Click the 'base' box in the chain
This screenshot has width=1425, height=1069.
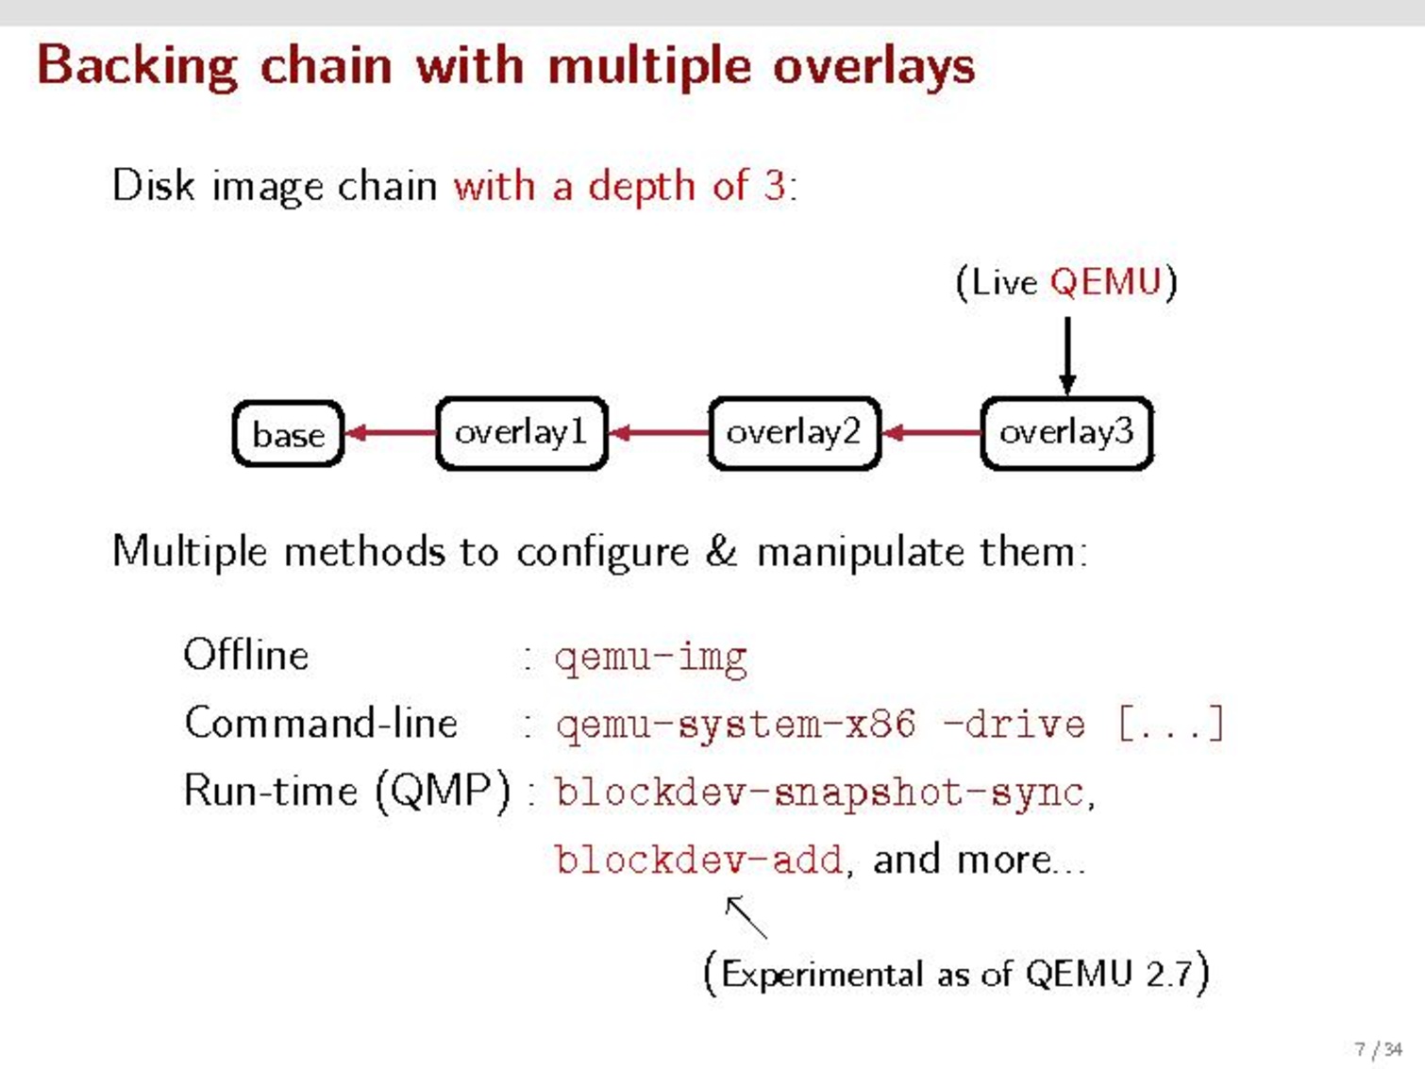click(288, 434)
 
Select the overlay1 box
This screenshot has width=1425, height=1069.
click(521, 433)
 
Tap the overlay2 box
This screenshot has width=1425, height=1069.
click(794, 433)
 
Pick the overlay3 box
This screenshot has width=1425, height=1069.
click(1066, 433)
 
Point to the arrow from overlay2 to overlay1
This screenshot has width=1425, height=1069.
click(659, 433)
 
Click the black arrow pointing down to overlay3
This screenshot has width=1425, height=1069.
click(1067, 354)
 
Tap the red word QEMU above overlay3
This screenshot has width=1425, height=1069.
click(1105, 282)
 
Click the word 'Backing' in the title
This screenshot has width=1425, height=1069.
click(137, 67)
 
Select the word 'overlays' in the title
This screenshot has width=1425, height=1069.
click(874, 67)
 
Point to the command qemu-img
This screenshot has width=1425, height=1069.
click(651, 658)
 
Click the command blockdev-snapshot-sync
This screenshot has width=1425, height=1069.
click(819, 793)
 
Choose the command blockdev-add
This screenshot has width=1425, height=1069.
click(698, 860)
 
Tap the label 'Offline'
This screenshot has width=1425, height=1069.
click(246, 655)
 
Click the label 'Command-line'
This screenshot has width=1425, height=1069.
click(321, 724)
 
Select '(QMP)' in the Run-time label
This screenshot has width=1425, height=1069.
click(443, 791)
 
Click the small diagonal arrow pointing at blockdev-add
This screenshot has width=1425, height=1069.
click(746, 916)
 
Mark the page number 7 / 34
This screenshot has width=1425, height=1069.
click(1378, 1049)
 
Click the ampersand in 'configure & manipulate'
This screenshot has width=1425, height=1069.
click(722, 551)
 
